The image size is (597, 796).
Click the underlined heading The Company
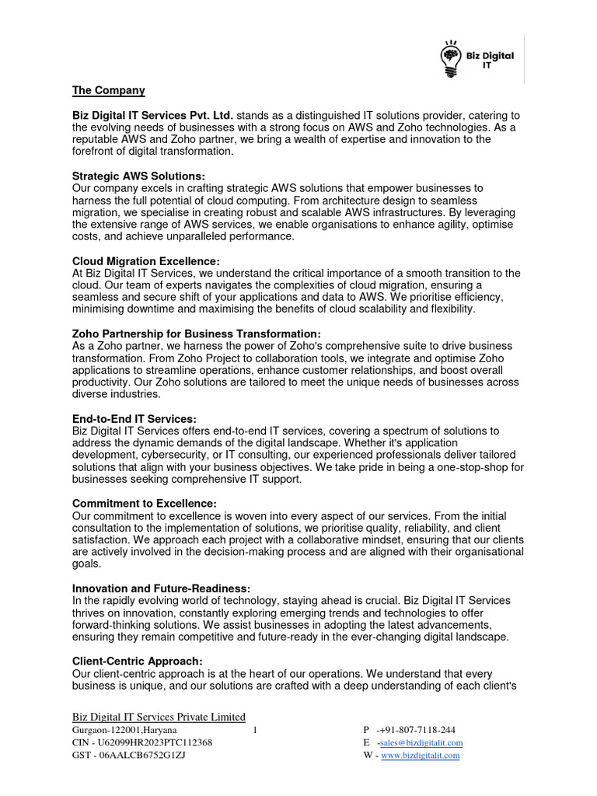click(x=109, y=91)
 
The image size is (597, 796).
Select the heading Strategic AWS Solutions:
click(x=138, y=176)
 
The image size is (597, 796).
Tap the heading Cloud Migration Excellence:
click(x=146, y=261)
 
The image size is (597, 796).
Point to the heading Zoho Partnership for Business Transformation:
click(x=196, y=333)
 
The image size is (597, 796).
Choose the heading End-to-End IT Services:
click(x=134, y=419)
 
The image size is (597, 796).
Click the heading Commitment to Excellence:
click(x=144, y=504)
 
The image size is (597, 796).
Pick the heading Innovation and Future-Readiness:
click(x=161, y=588)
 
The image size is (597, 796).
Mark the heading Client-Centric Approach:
click(x=137, y=662)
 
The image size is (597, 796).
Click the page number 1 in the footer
click(x=255, y=731)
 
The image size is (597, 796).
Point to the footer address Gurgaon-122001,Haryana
click(x=124, y=731)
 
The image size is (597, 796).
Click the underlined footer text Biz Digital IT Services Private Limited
click(x=159, y=717)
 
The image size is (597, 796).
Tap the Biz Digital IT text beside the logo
click(x=489, y=61)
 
